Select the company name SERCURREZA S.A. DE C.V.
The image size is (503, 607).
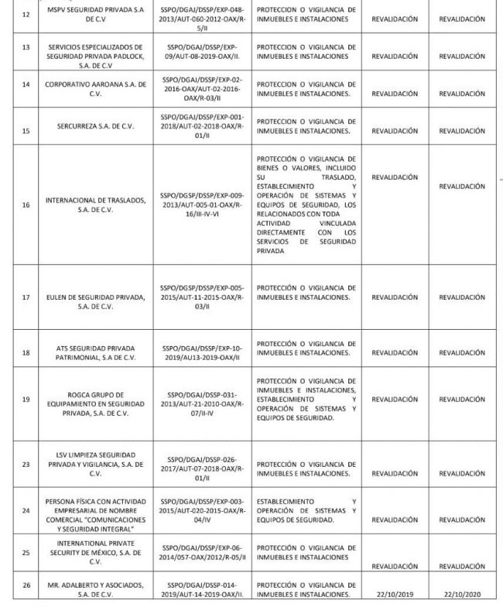tap(96, 125)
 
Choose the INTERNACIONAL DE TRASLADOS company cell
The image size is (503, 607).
tap(96, 205)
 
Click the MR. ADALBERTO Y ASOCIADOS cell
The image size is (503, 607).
tap(96, 590)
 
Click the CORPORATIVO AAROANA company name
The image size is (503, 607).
tap(96, 88)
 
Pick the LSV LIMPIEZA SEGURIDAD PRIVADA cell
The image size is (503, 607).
tap(96, 464)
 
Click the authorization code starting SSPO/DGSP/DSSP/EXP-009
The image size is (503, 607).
tap(204, 205)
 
